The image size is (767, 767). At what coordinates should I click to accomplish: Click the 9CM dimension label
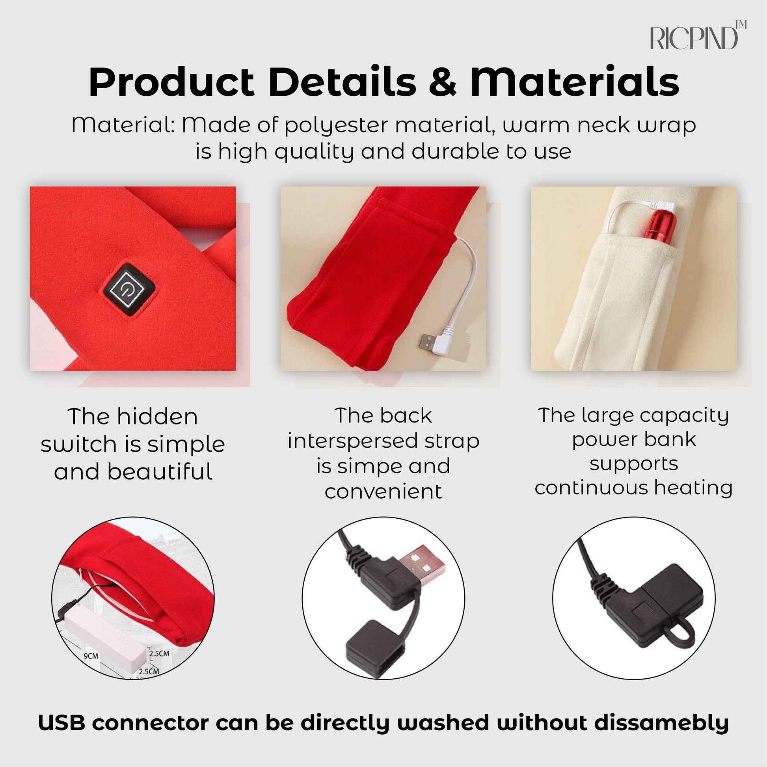[91, 656]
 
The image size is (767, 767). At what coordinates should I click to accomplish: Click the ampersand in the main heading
[443, 82]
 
